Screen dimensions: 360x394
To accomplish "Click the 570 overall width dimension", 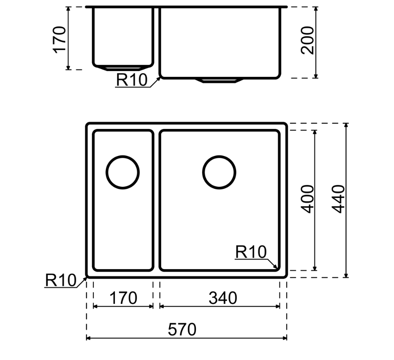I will click(x=182, y=330).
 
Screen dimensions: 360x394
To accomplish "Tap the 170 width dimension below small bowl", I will click(x=123, y=298).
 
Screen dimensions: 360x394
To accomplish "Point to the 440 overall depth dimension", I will click(x=339, y=199).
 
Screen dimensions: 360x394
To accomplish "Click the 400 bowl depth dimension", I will click(x=308, y=199).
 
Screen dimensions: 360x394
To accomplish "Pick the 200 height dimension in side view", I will click(x=308, y=41).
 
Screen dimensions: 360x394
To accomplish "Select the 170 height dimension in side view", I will click(x=60, y=39).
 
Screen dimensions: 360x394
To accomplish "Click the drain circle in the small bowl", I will click(x=122, y=172).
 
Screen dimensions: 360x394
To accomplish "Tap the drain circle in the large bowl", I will click(x=219, y=172).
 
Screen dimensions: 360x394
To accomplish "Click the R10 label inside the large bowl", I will click(x=251, y=252).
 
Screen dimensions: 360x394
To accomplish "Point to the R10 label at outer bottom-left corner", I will click(x=61, y=281).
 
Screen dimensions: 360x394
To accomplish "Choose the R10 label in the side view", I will click(x=131, y=80).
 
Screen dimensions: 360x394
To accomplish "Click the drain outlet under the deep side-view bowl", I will click(x=219, y=80).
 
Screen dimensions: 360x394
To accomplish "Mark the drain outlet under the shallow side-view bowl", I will click(x=122, y=67).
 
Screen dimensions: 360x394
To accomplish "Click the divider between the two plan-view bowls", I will click(x=156, y=200).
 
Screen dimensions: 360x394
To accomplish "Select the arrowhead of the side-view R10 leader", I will click(x=159, y=77).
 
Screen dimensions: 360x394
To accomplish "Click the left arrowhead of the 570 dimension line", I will click(x=88, y=338).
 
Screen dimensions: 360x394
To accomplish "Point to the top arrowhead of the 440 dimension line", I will click(x=346, y=125).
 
